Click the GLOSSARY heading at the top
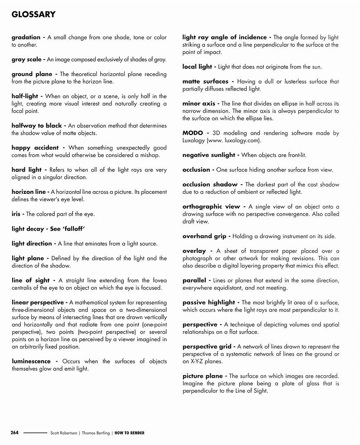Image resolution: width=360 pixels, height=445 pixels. pyautogui.click(x=33, y=15)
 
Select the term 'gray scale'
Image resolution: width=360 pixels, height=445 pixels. pyautogui.click(x=26, y=60)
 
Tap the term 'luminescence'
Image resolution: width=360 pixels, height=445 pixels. pyautogui.click(x=31, y=362)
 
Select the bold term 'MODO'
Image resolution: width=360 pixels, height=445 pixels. pyautogui.click(x=193, y=133)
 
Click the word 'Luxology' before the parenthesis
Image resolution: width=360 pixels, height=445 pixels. pyautogui.click(x=195, y=140)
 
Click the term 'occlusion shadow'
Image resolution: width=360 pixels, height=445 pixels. pyautogui.click(x=210, y=185)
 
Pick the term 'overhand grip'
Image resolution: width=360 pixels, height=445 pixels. pyautogui.click(x=204, y=236)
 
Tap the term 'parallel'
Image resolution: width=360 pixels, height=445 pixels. pyautogui.click(x=194, y=281)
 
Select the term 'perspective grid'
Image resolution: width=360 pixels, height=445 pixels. pyautogui.click(x=206, y=347)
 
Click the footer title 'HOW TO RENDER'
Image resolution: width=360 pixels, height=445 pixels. pyautogui.click(x=129, y=433)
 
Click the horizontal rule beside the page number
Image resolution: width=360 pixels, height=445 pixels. pyautogui.click(x=35, y=433)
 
